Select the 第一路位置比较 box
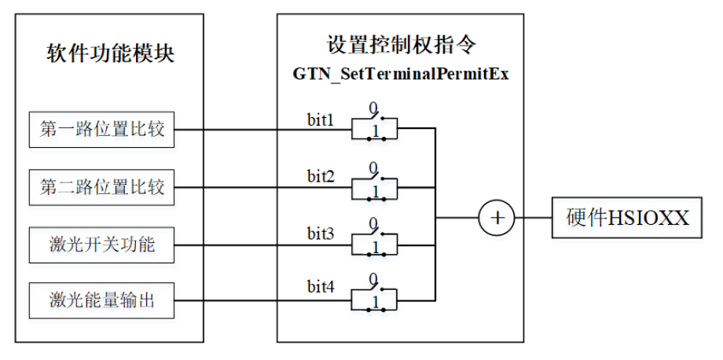point(101,130)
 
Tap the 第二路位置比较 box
point(101,188)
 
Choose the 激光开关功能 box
point(101,245)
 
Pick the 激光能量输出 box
point(101,302)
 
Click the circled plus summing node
point(497,216)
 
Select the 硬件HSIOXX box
point(626,217)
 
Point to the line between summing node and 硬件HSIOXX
point(534,216)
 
